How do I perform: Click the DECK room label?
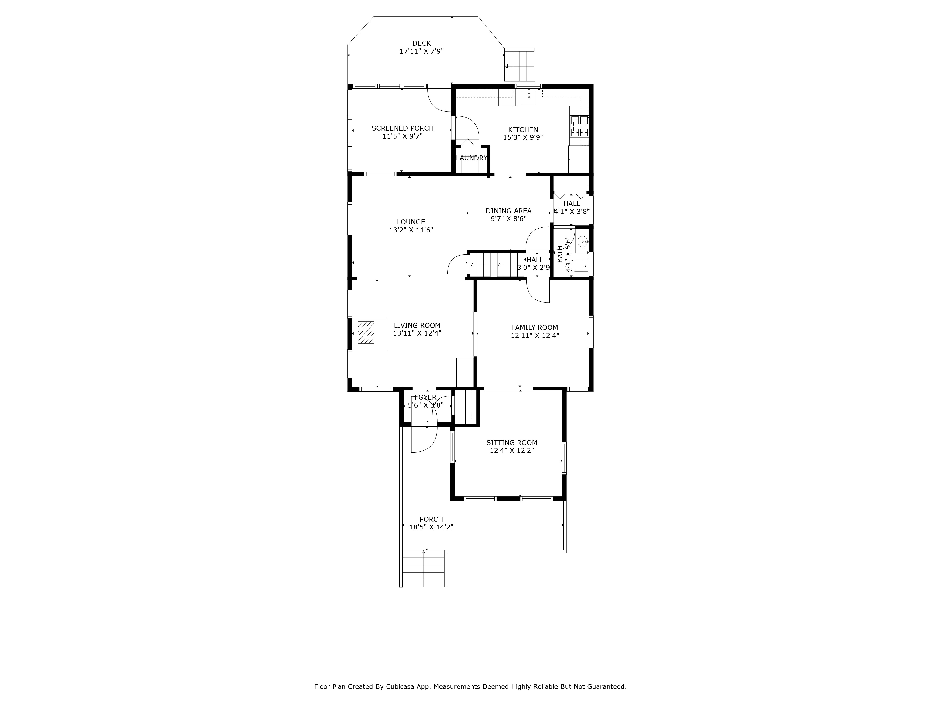[x=421, y=43]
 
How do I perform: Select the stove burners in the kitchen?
[x=579, y=126]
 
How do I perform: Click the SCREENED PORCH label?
[x=403, y=128]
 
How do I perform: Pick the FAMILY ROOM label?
[x=535, y=327]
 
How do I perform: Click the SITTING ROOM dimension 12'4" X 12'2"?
[x=512, y=450]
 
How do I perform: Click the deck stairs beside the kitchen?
[x=519, y=66]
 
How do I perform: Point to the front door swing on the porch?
[x=423, y=441]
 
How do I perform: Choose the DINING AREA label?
[x=508, y=211]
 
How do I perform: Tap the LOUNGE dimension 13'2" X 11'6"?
[x=411, y=230]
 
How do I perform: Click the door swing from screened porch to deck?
[x=439, y=100]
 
